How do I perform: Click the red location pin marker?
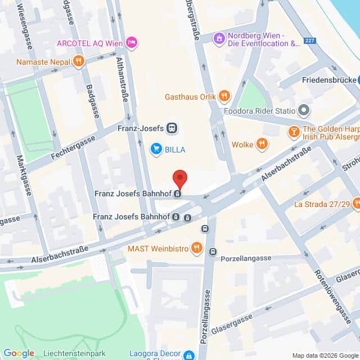(x=179, y=178)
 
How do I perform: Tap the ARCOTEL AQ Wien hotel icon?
(x=132, y=43)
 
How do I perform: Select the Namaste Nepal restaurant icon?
(x=78, y=61)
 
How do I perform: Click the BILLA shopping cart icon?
(x=156, y=149)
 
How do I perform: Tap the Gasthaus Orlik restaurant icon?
(x=224, y=96)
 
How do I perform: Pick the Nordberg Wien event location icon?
(x=218, y=38)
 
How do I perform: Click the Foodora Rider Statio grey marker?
(x=304, y=110)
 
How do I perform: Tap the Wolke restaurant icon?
(x=262, y=144)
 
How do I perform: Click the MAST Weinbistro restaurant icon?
(x=196, y=247)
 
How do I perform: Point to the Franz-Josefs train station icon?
(x=172, y=128)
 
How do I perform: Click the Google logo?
(x=19, y=353)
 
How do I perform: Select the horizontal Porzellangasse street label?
(x=246, y=258)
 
